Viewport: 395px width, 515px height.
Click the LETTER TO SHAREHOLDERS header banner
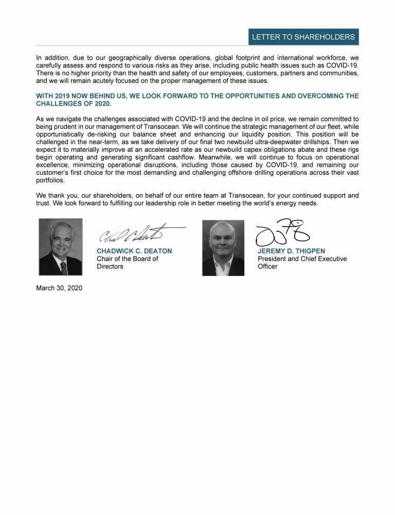(303, 37)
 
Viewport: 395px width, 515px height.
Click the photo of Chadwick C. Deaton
(61, 247)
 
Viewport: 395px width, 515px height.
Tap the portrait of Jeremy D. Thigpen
(223, 248)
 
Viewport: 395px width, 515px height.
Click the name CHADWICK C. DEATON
(134, 251)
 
